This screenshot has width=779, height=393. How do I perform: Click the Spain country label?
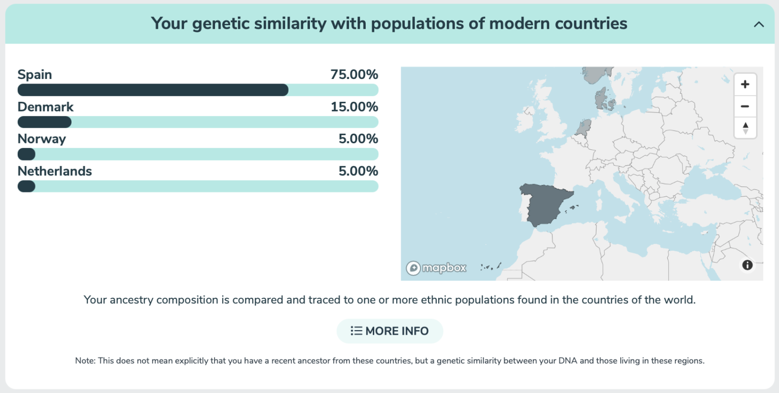[34, 74]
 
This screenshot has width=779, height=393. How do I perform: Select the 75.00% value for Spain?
[354, 74]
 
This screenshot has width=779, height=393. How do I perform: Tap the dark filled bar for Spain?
[153, 90]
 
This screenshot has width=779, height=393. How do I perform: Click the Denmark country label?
[46, 107]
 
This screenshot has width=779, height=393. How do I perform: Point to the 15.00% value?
[354, 107]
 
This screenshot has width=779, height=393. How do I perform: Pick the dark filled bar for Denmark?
[45, 122]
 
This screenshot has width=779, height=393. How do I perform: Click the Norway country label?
[42, 139]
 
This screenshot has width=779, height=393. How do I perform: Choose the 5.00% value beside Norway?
[358, 139]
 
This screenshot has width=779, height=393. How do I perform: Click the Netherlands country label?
[55, 171]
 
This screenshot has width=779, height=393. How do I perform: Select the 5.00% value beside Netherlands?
[358, 171]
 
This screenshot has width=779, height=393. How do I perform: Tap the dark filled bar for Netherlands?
[26, 186]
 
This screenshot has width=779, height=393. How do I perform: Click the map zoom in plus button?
[745, 85]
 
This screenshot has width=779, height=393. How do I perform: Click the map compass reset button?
[745, 128]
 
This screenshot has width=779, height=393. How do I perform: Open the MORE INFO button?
[389, 331]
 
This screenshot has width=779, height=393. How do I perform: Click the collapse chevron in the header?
[759, 24]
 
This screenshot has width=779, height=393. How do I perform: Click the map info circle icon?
[747, 265]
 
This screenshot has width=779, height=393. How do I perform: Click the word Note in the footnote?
[85, 361]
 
